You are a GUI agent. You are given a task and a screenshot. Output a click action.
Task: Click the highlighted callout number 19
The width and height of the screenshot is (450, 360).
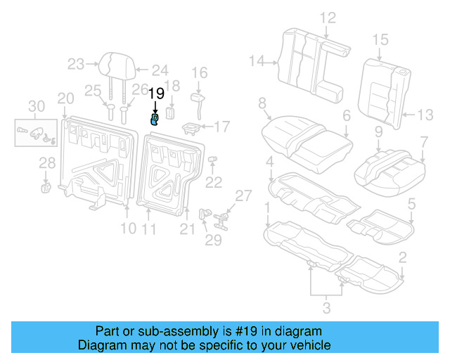[156, 94]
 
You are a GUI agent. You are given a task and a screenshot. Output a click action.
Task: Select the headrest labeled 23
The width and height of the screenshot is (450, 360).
[112, 64]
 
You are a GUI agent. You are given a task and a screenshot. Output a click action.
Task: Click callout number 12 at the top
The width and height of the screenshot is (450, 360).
[328, 18]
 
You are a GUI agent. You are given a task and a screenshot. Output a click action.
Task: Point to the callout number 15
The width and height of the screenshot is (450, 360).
[380, 39]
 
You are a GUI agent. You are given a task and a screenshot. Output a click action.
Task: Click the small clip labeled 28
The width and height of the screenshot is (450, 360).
[46, 186]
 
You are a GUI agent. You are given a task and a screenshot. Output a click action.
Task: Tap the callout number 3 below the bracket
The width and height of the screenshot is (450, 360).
[326, 307]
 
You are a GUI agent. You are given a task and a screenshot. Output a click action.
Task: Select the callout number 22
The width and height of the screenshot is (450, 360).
[213, 182]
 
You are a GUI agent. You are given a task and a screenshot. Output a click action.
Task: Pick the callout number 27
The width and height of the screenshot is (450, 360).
[243, 195]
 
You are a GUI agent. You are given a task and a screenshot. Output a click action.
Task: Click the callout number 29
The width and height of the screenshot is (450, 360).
[213, 240]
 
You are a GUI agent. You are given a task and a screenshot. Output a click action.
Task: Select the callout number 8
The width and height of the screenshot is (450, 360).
[262, 103]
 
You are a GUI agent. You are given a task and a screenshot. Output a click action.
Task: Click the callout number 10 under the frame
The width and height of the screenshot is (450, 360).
[127, 228]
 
